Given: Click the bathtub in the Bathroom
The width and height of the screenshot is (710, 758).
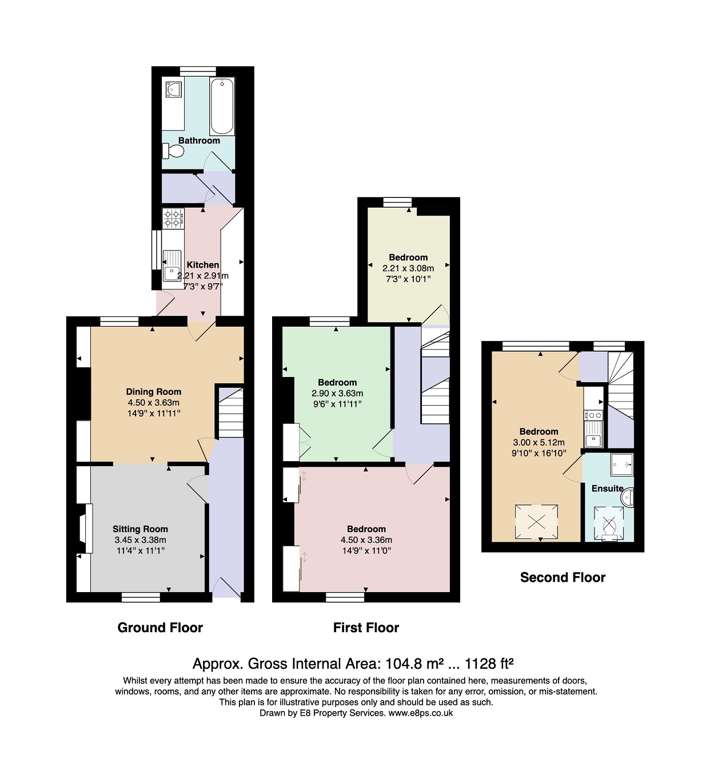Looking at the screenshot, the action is click(222, 106).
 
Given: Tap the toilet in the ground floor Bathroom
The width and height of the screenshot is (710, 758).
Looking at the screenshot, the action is click(173, 151).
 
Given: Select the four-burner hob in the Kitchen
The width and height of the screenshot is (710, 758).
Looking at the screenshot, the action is click(173, 219).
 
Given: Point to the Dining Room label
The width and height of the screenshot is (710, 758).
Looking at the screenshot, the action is click(153, 392).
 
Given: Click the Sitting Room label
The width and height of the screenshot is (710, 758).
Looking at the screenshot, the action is click(140, 529).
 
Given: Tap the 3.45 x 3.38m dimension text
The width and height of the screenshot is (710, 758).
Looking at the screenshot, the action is click(140, 539).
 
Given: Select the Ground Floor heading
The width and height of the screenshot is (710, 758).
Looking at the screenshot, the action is click(160, 628).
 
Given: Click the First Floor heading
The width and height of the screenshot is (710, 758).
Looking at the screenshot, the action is click(366, 628).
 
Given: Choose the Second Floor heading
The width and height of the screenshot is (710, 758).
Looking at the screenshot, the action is click(563, 577).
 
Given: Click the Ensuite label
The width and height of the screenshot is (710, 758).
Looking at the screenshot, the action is click(607, 488).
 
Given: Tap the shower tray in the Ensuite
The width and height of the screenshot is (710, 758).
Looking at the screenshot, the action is click(622, 465).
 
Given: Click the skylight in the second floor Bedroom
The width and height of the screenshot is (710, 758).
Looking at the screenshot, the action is click(536, 522).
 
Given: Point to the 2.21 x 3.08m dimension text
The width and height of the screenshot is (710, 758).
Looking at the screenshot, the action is click(408, 268).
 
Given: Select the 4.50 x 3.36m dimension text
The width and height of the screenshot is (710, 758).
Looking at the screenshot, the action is click(366, 539).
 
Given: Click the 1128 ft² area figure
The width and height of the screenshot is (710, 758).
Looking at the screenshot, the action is click(489, 664).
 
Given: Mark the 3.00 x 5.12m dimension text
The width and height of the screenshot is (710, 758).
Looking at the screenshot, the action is click(539, 442).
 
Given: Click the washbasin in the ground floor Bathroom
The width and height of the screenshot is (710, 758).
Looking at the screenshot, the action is click(173, 89).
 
